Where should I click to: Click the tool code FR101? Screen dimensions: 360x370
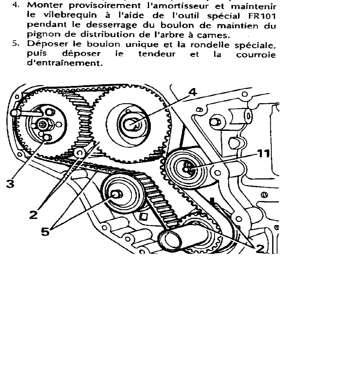tap(262, 16)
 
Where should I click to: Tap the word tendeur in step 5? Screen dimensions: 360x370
tap(157, 54)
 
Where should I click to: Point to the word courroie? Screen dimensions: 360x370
tap(256, 55)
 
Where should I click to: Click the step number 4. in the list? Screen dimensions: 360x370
tap(16, 5)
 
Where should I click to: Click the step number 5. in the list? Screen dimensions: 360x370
tap(16, 44)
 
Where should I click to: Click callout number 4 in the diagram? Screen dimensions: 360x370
tap(193, 92)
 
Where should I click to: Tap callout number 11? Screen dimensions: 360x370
tap(264, 154)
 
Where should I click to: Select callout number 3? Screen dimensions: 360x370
tap(10, 184)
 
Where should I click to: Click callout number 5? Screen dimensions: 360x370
tap(45, 232)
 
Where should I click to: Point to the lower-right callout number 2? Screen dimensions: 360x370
tap(260, 249)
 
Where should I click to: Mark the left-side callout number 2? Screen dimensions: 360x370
tap(33, 215)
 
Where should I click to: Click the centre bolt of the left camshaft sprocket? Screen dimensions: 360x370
tap(42, 124)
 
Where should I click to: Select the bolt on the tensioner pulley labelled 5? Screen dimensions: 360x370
tap(116, 194)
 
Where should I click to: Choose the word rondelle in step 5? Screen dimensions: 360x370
tap(210, 44)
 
